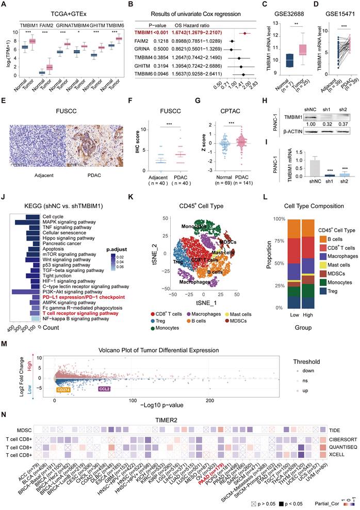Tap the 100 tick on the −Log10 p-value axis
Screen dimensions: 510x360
click(x=133, y=401)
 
